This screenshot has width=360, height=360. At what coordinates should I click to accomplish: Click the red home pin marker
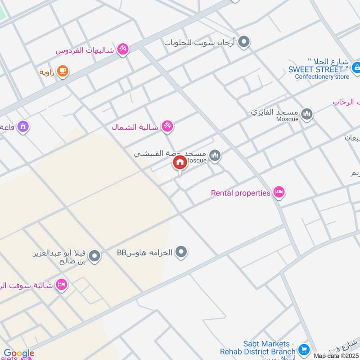tap(180, 163)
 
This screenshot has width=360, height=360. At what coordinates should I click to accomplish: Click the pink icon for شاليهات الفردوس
tap(122, 49)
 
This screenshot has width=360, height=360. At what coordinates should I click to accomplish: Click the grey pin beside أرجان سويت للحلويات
tap(243, 42)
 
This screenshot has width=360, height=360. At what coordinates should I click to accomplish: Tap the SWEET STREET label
tap(319, 69)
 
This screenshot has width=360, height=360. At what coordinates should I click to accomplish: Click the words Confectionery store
tap(322, 76)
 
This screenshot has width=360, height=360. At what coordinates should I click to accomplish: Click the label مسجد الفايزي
tap(274, 111)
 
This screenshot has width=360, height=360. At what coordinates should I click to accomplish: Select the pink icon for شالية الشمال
tap(167, 127)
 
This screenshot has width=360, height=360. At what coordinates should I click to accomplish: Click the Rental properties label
tap(241, 193)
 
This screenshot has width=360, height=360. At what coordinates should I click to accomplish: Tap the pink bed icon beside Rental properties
tap(279, 193)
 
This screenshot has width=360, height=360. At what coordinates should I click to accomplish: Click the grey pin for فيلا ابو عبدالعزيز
tap(94, 257)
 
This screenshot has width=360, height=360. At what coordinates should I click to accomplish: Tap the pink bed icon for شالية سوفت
tap(62, 285)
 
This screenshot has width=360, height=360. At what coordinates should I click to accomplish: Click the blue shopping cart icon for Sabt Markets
tap(304, 349)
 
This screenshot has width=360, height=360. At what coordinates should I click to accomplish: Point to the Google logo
tap(18, 354)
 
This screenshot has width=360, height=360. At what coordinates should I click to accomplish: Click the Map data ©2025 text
tap(336, 356)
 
